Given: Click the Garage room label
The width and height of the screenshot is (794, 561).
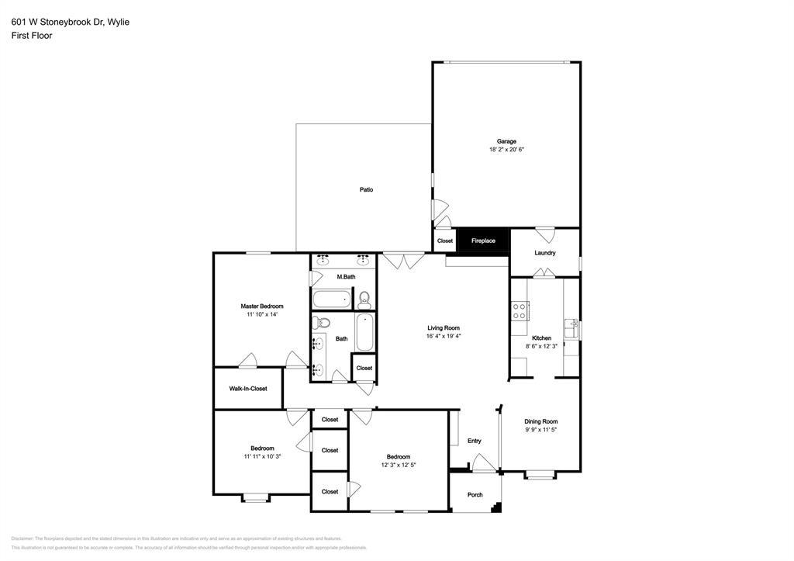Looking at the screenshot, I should point(506,141).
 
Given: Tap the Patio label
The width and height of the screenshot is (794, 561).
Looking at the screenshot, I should point(366,189).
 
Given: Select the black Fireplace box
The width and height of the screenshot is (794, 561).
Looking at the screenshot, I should point(483,241).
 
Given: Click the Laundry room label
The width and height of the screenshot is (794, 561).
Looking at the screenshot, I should point(544,253).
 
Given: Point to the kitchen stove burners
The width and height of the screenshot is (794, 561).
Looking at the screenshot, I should point(520,311).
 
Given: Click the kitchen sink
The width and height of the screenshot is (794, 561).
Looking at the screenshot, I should point(572,328).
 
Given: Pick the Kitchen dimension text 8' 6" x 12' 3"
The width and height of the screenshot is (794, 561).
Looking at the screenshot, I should point(542,346).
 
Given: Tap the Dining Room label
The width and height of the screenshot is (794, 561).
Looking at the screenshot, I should point(540,421).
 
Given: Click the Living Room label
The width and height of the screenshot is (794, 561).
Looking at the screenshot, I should point(443,327).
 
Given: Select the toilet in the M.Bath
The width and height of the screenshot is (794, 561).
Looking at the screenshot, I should point(364,299).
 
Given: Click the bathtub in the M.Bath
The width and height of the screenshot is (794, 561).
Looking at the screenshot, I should point(332,299).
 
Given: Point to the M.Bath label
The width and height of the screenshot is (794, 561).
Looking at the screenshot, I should point(346,277).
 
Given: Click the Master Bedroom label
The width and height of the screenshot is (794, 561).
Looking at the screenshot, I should point(261,306).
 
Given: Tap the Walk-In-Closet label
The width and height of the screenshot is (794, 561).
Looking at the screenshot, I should point(247,389).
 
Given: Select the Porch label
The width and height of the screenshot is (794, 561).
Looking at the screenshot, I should point(475,495).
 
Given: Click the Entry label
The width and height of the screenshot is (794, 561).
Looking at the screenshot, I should point(475,441).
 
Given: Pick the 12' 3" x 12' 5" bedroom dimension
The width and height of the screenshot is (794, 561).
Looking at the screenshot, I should point(399,466).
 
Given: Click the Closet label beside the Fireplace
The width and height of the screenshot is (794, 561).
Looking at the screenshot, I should point(445,241).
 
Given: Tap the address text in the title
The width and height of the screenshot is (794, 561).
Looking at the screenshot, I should point(71,22).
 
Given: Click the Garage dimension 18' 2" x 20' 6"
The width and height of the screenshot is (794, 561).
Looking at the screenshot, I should point(506,150).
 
